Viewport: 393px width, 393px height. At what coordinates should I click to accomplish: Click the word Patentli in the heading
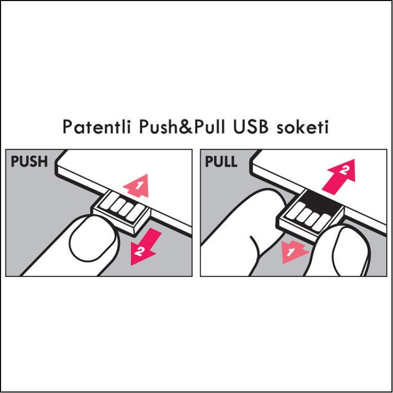(x=96, y=127)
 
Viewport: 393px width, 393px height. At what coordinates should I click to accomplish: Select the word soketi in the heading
(x=302, y=127)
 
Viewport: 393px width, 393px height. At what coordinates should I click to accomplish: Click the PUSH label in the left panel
(x=29, y=162)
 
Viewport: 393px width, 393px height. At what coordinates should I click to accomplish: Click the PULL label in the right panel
(x=221, y=162)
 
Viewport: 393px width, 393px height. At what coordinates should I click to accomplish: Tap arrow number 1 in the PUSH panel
(x=137, y=185)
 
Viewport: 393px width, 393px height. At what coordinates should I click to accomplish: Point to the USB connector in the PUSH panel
(x=121, y=211)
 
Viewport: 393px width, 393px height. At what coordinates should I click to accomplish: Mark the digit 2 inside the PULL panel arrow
(x=344, y=171)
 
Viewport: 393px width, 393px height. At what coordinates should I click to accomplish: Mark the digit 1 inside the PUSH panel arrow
(x=139, y=185)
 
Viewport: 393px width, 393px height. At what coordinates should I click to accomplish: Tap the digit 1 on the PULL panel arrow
(x=291, y=252)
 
